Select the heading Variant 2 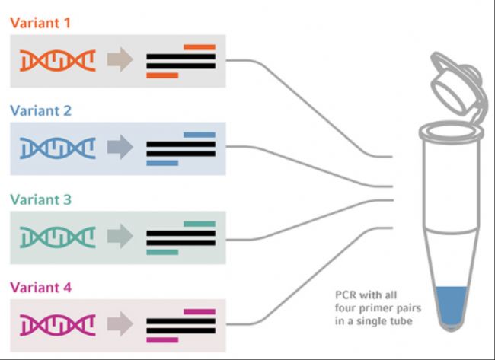point(41,110)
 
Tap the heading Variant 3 point(41,199)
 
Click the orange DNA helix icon point(57,60)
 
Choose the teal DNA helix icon point(57,237)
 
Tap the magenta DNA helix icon point(57,325)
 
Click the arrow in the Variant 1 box point(119,60)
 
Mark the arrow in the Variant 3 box point(119,237)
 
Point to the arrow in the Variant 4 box point(119,325)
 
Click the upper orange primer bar point(199,47)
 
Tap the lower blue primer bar point(161,163)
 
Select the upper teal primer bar point(199,224)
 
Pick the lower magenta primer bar point(161,339)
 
